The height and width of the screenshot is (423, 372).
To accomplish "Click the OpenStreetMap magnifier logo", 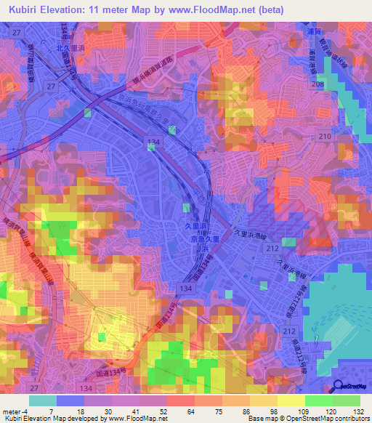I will pos(339,386).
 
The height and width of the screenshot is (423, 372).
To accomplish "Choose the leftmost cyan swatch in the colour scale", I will pos(42,400).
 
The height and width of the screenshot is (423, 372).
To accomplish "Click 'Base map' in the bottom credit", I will pos(259,419).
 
